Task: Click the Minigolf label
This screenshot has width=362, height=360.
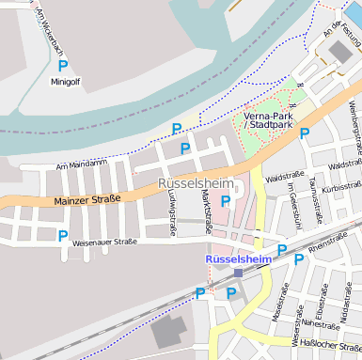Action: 67,82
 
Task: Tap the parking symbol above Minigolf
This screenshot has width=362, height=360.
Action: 63,66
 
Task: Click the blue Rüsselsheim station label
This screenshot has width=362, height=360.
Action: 238,258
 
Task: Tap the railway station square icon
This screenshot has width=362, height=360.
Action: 238,273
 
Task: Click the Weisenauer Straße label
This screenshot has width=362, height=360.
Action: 104,242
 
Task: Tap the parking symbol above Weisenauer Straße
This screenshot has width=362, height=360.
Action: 63,235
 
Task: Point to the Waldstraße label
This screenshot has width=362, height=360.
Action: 283,176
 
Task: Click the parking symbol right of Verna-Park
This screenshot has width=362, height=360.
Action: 305,133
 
